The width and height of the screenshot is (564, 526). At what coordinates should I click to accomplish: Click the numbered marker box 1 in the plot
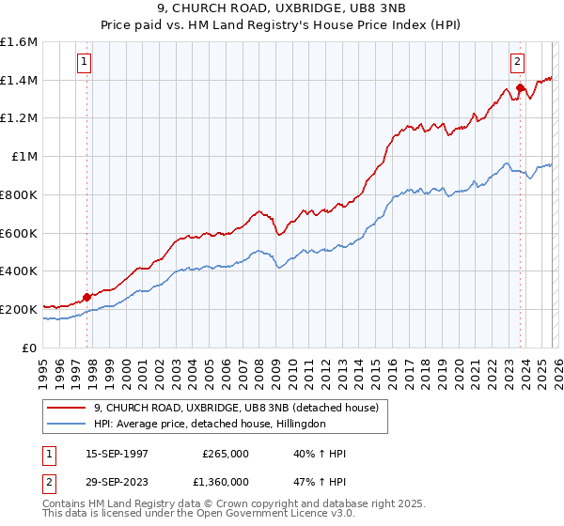coord(85,63)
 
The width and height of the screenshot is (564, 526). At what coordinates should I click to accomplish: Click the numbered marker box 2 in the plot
coord(517,63)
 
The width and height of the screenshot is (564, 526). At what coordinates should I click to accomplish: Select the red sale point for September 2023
coord(520,87)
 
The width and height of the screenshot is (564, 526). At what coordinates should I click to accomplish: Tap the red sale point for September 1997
coord(87,297)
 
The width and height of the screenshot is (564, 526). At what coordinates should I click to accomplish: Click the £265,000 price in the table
coord(226,454)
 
